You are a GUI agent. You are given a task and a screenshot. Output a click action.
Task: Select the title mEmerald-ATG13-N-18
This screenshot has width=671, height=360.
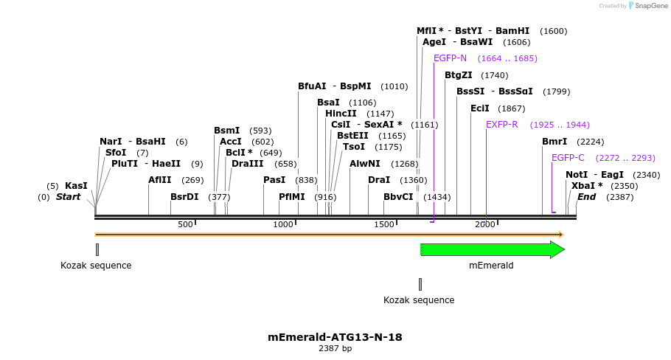pos(335,337)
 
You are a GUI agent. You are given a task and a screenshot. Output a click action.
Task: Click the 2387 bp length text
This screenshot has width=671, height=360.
pos(335,348)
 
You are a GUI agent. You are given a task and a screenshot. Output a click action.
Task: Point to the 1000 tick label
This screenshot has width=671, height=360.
pos(283,224)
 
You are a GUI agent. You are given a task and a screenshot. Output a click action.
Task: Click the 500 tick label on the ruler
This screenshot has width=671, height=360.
pos(184,224)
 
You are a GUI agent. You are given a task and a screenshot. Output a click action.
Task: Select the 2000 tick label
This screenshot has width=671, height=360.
pos(484,224)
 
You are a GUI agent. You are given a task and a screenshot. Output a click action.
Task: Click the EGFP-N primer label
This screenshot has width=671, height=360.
pos(450,58)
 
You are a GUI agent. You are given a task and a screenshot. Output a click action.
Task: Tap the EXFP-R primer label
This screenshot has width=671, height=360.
pos(501,125)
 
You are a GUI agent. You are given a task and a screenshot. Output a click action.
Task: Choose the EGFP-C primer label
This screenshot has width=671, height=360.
pos(568,158)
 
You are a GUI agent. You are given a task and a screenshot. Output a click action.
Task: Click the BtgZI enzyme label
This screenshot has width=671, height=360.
pos(458,75)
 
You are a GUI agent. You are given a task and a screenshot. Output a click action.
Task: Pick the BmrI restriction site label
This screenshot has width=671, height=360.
pos(554,142)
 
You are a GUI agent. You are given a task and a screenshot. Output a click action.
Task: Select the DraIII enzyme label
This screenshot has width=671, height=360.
pos(247,164)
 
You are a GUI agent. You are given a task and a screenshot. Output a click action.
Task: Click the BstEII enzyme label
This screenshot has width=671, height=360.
pos(352,136)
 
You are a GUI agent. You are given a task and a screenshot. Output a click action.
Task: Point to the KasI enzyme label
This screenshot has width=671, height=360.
pos(76,186)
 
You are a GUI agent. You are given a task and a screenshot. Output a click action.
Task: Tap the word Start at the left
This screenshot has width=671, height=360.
pos(68,197)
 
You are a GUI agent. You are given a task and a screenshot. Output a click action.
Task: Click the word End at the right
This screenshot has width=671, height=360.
pos(586,197)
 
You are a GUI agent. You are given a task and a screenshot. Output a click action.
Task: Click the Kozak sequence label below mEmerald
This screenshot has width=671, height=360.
pos(419,300)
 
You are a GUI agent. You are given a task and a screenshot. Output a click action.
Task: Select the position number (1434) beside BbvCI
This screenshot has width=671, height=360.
pos(437,197)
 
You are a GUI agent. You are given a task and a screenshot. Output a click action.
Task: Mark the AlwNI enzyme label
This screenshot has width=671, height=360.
pos(364,164)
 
